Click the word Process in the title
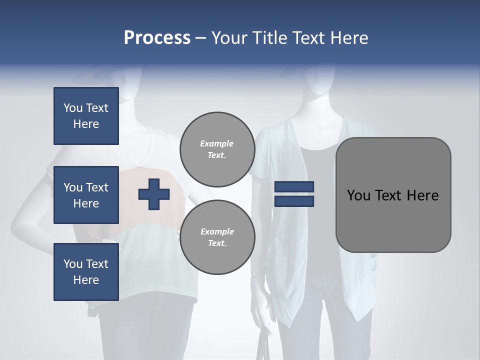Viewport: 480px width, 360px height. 157,38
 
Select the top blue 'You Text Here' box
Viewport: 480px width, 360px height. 86,116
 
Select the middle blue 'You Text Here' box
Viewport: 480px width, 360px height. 86,195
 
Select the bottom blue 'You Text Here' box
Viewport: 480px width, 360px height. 86,272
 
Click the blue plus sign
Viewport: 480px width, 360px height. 154,194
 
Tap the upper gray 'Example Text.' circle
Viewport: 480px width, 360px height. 217,149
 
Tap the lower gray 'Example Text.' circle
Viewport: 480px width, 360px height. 217,237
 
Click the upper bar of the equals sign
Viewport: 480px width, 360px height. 294,186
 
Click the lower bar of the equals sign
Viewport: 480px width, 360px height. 294,201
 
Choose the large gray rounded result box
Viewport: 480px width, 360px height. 393,195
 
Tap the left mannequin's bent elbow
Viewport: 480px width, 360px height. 20,227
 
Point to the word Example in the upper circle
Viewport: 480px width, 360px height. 217,143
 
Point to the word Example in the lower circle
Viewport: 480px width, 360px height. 217,231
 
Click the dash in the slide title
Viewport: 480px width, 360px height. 200,38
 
